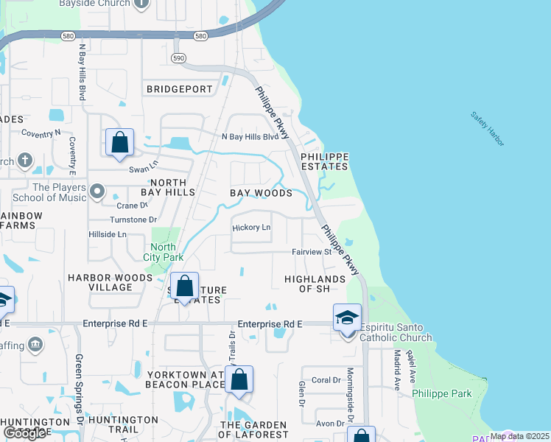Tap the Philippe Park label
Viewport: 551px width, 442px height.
[441, 393]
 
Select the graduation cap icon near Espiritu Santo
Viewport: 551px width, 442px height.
[347, 318]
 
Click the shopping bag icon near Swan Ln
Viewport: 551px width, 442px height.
[119, 142]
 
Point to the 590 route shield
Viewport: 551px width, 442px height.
[178, 57]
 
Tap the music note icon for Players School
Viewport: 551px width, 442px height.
[96, 192]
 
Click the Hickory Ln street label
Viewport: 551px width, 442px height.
[251, 228]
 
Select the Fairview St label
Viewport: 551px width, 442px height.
[312, 252]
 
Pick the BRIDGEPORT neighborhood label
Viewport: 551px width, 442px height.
[179, 89]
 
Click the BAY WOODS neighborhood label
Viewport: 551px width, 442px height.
[261, 193]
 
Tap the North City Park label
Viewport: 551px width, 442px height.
[164, 252]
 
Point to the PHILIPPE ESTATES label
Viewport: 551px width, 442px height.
[323, 161]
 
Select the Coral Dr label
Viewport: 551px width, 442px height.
[326, 380]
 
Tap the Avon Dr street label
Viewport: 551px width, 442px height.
[330, 424]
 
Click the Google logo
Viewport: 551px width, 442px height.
[24, 432]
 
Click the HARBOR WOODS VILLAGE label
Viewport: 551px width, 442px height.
[110, 283]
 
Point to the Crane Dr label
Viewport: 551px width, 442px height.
[132, 206]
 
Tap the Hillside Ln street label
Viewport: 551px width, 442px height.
[107, 234]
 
